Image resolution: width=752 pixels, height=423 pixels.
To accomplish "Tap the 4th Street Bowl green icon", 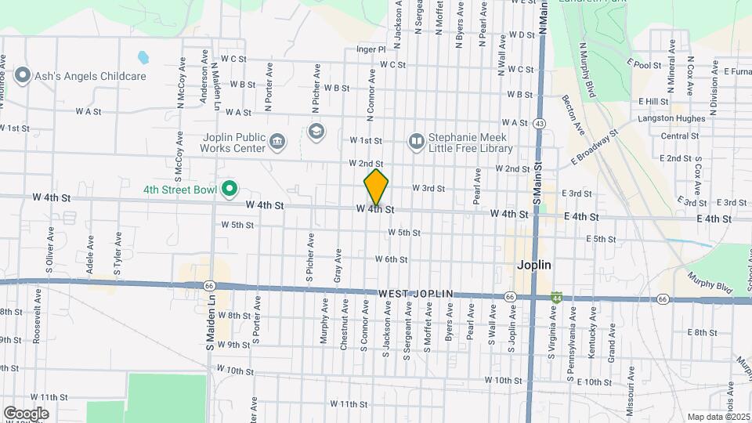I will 230,188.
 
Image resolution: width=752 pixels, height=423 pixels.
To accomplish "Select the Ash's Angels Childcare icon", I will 23,76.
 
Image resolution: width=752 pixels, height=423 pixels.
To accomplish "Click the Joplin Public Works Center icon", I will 277,141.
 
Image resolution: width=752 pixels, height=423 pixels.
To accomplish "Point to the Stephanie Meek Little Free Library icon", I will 416,141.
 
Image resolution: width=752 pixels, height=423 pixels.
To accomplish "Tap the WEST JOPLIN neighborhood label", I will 415,293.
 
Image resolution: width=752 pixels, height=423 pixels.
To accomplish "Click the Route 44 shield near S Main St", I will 556,298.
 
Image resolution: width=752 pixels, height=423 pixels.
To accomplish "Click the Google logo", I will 26,413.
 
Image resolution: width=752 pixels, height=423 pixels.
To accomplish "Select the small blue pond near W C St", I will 143,57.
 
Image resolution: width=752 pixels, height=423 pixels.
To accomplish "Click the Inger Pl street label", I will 371,49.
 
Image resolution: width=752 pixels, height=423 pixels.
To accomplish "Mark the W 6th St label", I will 391,259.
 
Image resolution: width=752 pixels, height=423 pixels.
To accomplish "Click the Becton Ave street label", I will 573,114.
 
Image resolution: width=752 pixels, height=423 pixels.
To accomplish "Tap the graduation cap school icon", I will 316,130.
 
